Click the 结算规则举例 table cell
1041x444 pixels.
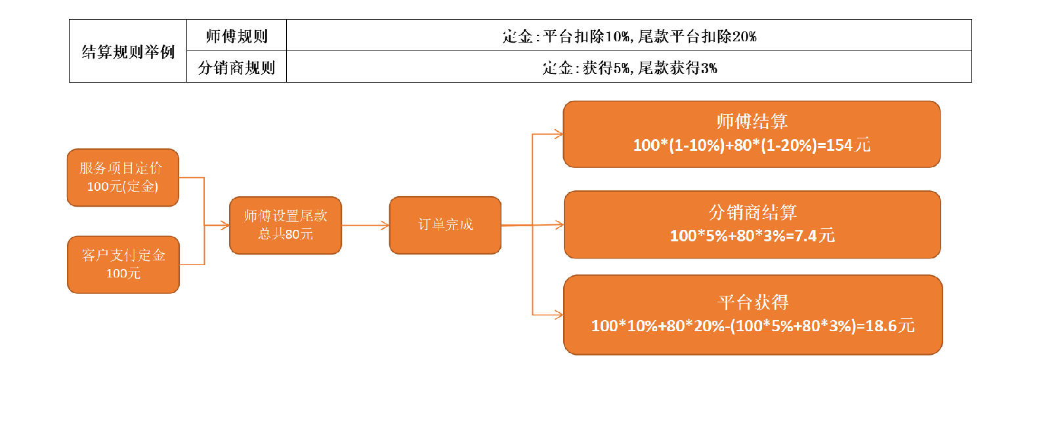pos(128,51)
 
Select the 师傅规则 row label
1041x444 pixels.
pos(236,36)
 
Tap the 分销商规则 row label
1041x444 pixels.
pos(236,68)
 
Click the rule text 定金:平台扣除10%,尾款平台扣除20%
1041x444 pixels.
pos(629,36)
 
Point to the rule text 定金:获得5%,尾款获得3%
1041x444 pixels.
pos(629,68)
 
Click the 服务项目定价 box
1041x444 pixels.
pos(123,178)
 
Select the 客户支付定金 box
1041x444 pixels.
pos(123,265)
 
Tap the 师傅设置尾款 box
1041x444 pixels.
pos(286,225)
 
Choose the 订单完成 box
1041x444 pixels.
pos(445,225)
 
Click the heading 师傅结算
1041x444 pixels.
pos(752,121)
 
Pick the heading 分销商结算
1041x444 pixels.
pos(752,212)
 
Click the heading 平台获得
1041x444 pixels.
pos(753,302)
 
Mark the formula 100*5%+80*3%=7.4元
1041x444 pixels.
pos(752,236)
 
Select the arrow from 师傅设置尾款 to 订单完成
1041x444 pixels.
pos(366,225)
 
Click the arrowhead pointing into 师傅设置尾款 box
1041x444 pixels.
pos(225,226)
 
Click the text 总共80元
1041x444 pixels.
pos(286,234)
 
